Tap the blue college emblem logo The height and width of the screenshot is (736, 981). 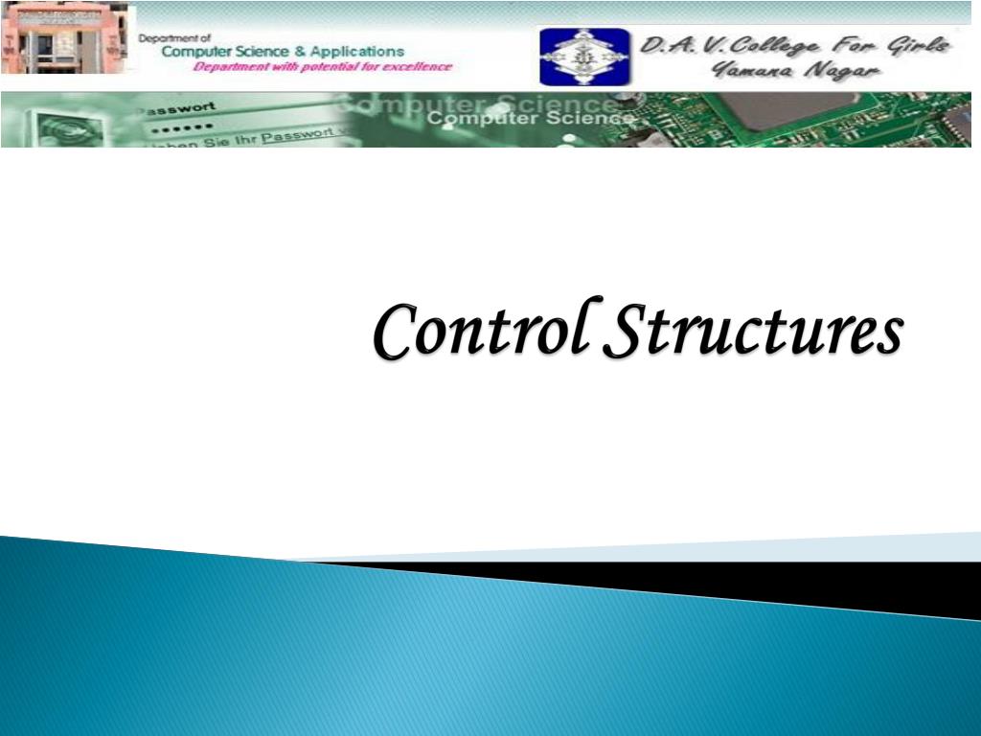point(584,57)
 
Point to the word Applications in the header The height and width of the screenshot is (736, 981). point(358,51)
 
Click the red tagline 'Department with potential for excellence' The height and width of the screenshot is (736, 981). point(322,67)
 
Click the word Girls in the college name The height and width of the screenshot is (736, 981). point(919,44)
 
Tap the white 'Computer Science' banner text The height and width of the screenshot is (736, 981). point(530,118)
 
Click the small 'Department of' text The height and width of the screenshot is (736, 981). point(174,38)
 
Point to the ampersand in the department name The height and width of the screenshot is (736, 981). point(301,51)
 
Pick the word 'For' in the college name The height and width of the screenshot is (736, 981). point(860,44)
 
